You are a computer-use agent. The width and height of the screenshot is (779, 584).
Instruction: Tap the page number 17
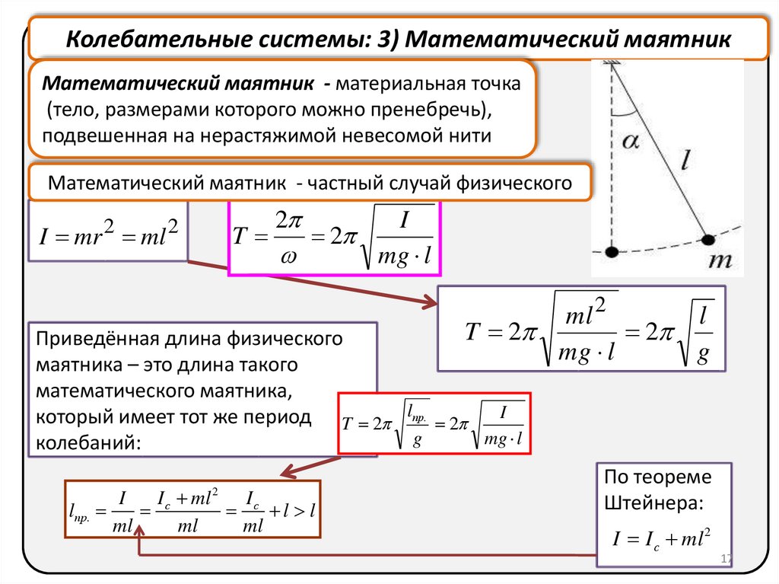click(724, 560)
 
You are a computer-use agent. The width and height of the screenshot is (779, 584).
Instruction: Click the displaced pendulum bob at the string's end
click(707, 240)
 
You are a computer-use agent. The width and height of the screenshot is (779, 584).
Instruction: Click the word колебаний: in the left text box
click(88, 442)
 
